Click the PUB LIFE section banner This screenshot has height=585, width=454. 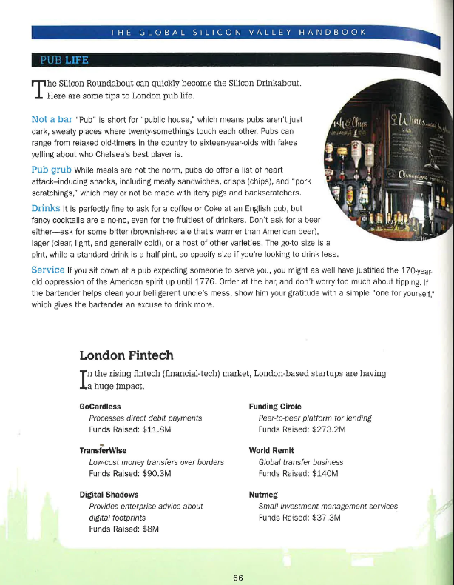tap(64, 59)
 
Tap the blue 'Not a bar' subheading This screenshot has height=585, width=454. tap(51, 119)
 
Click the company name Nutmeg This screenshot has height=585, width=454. tap(263, 494)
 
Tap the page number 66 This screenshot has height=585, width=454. tap(238, 578)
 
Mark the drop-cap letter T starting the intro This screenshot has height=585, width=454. tap(37, 89)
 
